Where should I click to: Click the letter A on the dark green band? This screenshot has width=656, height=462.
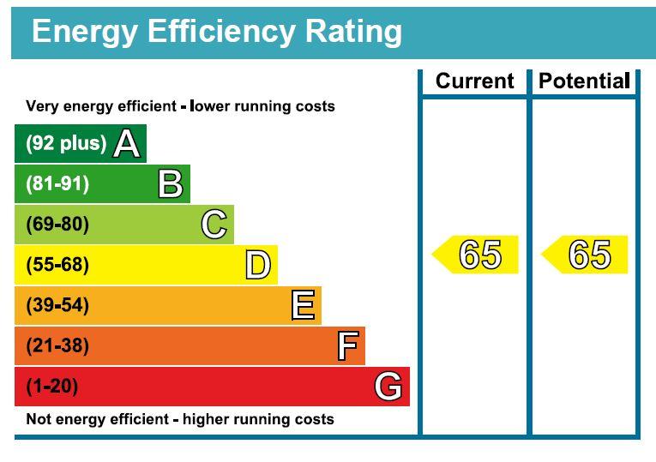126,143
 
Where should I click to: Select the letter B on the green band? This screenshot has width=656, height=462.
170,184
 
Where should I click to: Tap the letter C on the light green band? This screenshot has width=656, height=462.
214,225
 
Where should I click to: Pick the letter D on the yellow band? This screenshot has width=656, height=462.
257,265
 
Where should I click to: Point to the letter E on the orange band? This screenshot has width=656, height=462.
303,305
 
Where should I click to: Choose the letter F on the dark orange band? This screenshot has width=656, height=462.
346,346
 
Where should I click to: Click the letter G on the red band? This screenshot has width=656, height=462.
388,387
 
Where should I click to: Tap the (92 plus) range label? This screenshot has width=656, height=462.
66,143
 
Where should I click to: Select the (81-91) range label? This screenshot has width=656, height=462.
57,184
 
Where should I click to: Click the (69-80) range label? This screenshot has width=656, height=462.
57,225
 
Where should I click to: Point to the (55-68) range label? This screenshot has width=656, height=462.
57,265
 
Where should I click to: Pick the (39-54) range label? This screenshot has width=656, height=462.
57,305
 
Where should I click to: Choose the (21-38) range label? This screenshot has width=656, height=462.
57,346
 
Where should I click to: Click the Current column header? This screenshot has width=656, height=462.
474,81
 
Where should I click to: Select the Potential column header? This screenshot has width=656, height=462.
584,81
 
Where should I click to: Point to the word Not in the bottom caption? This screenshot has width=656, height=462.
36,420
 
